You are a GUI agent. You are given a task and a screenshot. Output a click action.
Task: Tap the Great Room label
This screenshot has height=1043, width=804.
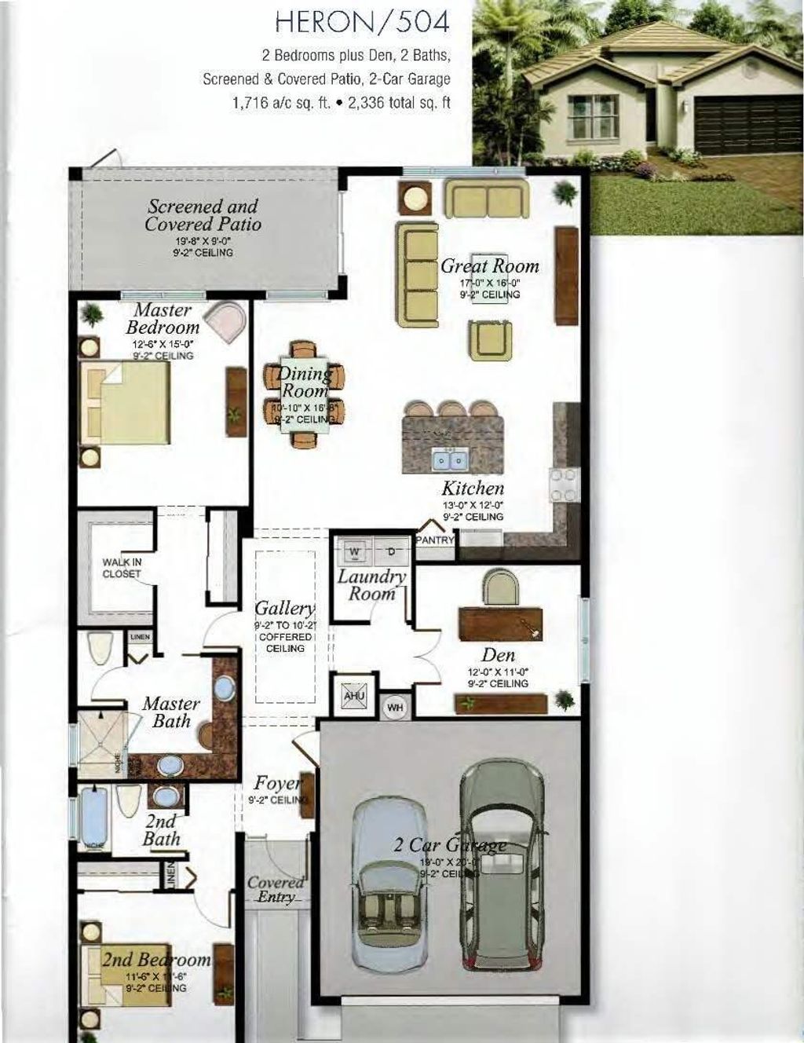point(489,266)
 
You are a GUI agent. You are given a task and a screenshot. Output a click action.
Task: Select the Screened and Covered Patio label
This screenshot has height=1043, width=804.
point(203,215)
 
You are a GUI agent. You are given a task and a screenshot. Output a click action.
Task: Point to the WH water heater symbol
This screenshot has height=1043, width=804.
point(395,708)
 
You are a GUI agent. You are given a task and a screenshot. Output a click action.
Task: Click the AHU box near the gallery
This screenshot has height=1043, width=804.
point(353,697)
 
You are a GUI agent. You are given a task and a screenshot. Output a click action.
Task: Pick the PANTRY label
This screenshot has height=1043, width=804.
point(435,540)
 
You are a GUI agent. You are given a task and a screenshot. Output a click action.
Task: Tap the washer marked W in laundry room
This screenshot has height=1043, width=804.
point(355,552)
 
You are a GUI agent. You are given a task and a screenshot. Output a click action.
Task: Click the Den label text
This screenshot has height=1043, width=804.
point(499,655)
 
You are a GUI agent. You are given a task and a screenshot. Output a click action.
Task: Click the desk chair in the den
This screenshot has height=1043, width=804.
point(501,587)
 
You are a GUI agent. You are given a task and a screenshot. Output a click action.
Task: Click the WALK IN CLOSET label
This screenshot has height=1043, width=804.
point(122,568)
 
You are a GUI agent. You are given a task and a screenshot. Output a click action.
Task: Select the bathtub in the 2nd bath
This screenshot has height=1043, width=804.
point(95,822)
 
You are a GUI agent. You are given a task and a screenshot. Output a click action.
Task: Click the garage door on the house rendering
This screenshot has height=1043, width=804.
point(737,125)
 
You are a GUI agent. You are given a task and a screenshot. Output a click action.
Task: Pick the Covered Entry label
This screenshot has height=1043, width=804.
point(275,889)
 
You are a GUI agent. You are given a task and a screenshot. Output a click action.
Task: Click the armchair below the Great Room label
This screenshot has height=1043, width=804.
point(491,340)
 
